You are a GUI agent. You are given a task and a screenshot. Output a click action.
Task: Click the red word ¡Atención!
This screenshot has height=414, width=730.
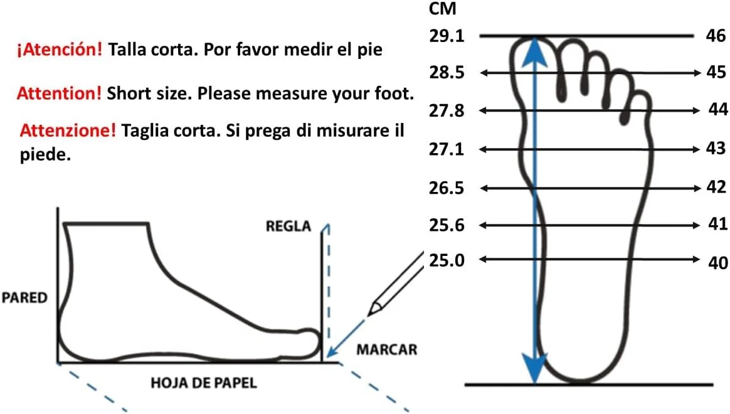click(x=59, y=50)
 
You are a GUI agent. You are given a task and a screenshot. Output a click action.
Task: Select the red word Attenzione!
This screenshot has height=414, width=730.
click(x=68, y=130)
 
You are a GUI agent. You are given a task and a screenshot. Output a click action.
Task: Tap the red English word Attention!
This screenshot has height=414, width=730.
click(x=59, y=93)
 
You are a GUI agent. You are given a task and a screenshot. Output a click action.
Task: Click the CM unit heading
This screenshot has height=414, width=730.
click(x=442, y=8)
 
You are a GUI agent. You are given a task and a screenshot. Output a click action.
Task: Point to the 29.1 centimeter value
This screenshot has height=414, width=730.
click(x=447, y=36)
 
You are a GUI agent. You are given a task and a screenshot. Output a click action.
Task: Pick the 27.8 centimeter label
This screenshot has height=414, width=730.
click(x=447, y=111)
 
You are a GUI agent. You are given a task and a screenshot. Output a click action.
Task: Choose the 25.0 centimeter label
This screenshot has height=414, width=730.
click(x=447, y=260)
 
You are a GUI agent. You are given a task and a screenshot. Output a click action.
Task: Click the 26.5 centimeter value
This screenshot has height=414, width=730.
click(x=447, y=188)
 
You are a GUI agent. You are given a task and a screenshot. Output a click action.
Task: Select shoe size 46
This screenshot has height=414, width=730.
click(x=716, y=35)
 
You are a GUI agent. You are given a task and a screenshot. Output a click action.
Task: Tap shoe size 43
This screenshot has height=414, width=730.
click(x=716, y=149)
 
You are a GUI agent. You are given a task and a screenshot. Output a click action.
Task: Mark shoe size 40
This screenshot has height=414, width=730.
click(x=717, y=263)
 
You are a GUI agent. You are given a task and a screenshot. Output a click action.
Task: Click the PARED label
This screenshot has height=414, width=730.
click(x=24, y=297)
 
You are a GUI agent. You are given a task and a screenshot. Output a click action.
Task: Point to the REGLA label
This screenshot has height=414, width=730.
click(x=288, y=226)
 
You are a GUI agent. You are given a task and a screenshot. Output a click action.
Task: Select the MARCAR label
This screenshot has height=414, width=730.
click(x=387, y=350)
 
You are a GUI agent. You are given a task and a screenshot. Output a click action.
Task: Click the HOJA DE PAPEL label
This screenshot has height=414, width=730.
click(x=204, y=383)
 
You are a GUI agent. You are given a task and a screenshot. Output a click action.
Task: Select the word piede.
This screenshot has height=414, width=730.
click(x=45, y=155)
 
